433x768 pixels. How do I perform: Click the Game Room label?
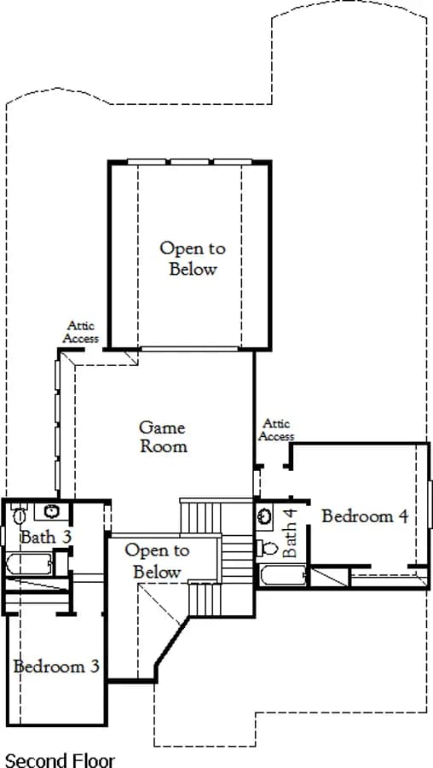(x=163, y=436)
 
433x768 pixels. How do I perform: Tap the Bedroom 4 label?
(x=365, y=516)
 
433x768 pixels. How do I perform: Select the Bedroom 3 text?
(x=57, y=666)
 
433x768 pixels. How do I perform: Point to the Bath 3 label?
(x=45, y=537)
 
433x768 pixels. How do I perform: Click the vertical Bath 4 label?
(x=289, y=532)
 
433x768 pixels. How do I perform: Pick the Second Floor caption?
(x=60, y=760)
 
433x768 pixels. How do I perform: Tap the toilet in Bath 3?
(x=19, y=515)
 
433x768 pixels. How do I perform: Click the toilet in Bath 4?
(x=267, y=548)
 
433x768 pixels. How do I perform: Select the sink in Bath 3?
(x=51, y=511)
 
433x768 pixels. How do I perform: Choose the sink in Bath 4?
(x=265, y=515)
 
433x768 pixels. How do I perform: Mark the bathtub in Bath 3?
(x=28, y=564)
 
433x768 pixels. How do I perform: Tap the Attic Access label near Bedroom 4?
(x=276, y=430)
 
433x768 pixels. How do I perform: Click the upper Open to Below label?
(x=193, y=258)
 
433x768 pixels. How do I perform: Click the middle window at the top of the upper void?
(x=189, y=161)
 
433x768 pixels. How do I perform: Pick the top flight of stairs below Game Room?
(x=200, y=517)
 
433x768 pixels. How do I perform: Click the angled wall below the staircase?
(x=171, y=641)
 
